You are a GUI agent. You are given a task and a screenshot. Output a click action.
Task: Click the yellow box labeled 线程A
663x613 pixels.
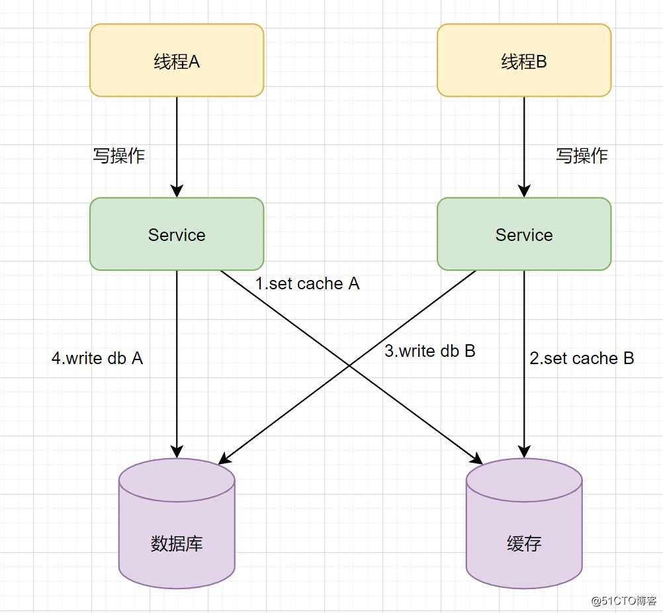[x=177, y=60]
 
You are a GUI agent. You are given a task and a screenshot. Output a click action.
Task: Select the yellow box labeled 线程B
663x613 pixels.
[x=524, y=60]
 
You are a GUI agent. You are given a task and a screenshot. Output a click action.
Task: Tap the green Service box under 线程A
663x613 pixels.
[x=177, y=234]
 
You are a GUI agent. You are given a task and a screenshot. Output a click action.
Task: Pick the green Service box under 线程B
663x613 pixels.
[x=524, y=234]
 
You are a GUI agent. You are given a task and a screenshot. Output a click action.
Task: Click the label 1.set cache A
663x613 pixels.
[x=308, y=284]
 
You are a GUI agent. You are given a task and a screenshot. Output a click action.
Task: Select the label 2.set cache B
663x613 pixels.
[x=582, y=359]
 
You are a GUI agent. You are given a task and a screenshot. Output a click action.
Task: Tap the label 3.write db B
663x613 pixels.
[x=430, y=351]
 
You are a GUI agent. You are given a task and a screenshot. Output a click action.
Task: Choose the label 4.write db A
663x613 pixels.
[x=97, y=359]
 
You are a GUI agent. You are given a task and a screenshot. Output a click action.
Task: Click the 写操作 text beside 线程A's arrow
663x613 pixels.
[x=119, y=156]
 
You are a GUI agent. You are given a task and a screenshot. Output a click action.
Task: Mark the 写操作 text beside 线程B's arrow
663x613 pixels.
[x=582, y=156]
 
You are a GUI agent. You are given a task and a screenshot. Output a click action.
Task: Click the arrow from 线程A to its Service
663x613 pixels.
[x=177, y=146]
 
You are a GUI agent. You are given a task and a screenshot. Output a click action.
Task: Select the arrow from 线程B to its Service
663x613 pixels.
[x=524, y=146]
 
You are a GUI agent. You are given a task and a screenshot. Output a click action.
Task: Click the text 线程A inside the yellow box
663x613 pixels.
[x=177, y=62]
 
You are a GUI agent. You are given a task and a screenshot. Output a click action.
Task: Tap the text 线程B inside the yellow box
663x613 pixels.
[x=524, y=62]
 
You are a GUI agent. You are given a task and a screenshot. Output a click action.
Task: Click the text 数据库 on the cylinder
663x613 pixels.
[x=177, y=543]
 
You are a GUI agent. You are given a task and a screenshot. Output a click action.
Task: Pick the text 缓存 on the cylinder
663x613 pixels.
[x=524, y=543]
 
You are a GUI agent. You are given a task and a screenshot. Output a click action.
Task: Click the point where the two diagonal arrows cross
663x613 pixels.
[x=349, y=365]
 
